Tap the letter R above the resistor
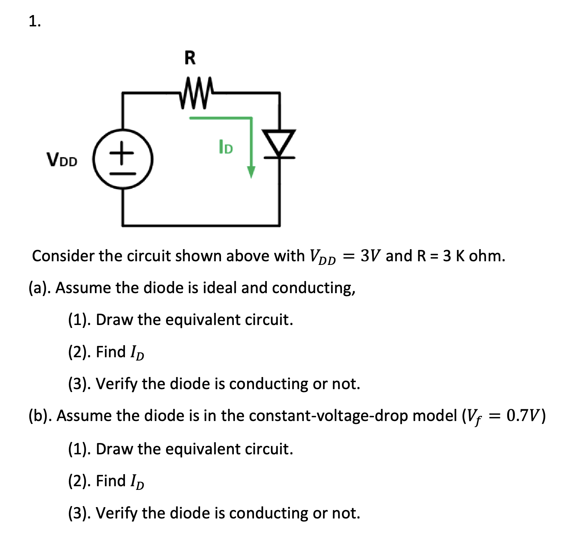click(190, 58)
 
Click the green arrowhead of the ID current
click(251, 172)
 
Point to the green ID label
click(226, 147)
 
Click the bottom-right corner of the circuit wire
click(280, 225)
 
